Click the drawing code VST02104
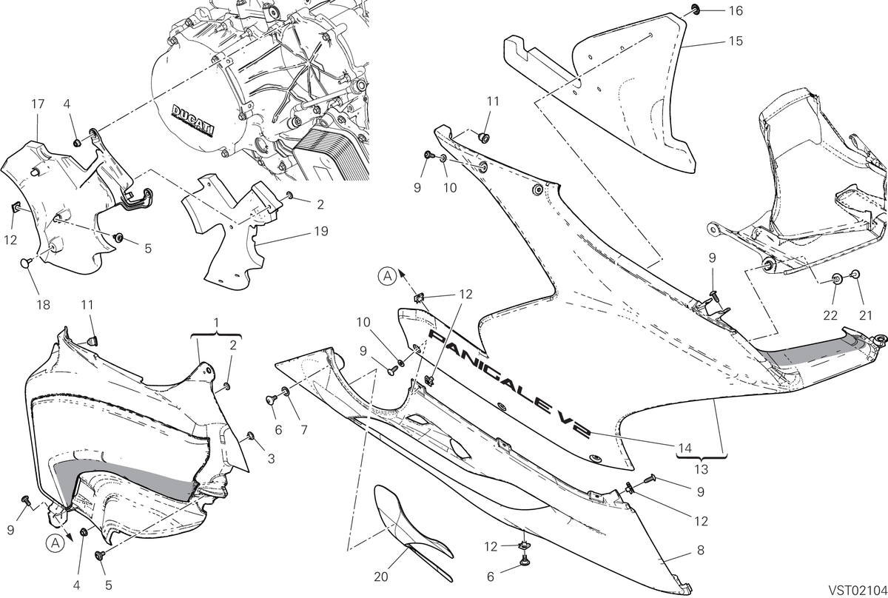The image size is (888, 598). tap(857, 589)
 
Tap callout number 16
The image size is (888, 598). tap(736, 10)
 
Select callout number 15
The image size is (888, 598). tap(736, 41)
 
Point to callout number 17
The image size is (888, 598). tap(38, 104)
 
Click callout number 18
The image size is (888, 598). tap(43, 305)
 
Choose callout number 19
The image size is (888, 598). tap(321, 231)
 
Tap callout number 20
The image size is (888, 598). tap(381, 577)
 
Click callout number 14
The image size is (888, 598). tap(685, 448)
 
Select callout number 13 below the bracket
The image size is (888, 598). tap(702, 469)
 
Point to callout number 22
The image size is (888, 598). tap(830, 316)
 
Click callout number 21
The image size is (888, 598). tap(865, 316)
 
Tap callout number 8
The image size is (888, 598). tap(701, 550)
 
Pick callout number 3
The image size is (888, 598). tap(271, 459)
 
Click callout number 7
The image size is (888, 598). tap(304, 429)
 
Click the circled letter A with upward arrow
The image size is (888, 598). tap(387, 276)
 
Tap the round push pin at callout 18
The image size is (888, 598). tap(27, 263)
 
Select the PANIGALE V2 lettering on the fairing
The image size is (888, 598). tap(510, 385)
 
